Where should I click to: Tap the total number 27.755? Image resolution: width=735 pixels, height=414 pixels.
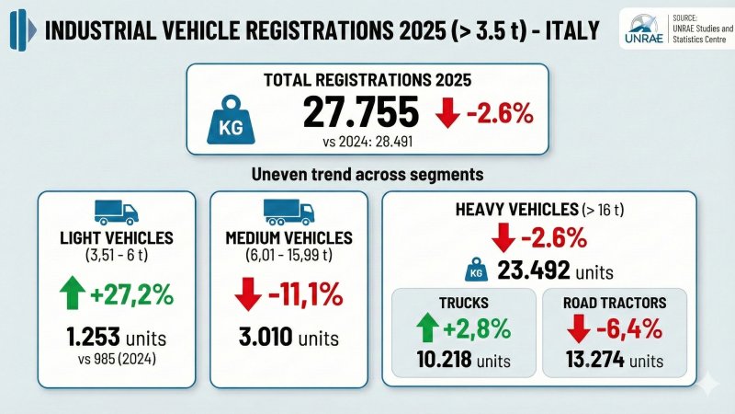pyautogui.click(x=360, y=112)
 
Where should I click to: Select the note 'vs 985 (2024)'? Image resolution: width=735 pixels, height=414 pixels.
pyautogui.click(x=116, y=356)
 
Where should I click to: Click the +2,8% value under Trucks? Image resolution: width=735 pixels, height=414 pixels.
pyautogui.click(x=478, y=328)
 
